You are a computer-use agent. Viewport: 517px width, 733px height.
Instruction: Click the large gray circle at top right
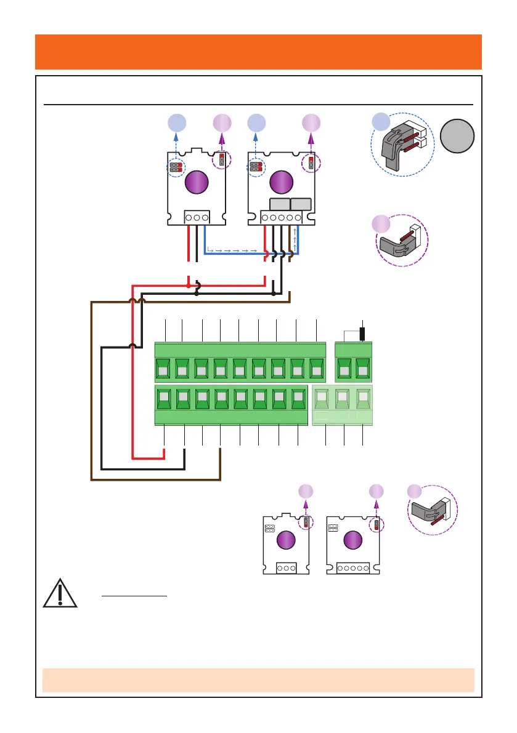pyautogui.click(x=458, y=137)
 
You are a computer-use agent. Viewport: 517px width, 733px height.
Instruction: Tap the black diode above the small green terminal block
pyautogui.click(x=363, y=334)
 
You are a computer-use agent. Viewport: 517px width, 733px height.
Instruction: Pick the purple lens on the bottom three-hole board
pyautogui.click(x=285, y=541)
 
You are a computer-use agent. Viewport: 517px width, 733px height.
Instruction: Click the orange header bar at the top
pyautogui.click(x=258, y=52)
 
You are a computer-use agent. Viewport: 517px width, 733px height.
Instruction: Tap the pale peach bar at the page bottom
pyautogui.click(x=258, y=680)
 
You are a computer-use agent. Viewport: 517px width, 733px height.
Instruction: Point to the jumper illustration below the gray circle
pyautogui.click(x=401, y=239)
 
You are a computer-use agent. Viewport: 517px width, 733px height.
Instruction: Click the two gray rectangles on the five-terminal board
pyautogui.click(x=290, y=204)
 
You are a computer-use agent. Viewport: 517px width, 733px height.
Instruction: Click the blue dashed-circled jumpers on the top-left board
pyautogui.click(x=177, y=167)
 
